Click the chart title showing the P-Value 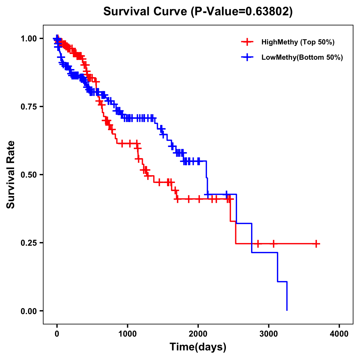tap(198, 11)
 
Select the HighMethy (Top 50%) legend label tap(298, 42)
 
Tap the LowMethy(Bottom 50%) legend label tap(302, 57)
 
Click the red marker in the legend tap(247, 42)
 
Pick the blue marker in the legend tap(247, 57)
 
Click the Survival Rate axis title tap(11, 175)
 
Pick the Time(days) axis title tap(198, 347)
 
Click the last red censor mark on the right tap(316, 244)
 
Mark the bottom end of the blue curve tap(287, 310)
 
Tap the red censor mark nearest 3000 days tap(273, 244)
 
